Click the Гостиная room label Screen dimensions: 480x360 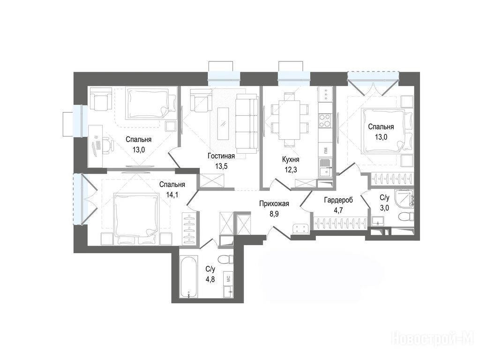(221, 156)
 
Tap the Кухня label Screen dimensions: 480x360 (291, 159)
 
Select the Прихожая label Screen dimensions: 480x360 (274, 203)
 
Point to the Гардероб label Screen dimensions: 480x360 (338, 200)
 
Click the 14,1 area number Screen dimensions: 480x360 (172, 194)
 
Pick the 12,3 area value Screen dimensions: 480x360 (291, 170)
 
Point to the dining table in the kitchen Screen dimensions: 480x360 (289, 116)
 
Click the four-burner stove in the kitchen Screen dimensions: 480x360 (325, 120)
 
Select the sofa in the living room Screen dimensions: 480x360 (247, 123)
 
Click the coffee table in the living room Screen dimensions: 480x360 (224, 123)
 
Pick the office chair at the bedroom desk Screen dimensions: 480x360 (105, 145)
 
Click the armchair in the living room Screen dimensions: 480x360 (201, 100)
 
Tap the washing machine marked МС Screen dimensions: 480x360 (228, 278)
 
